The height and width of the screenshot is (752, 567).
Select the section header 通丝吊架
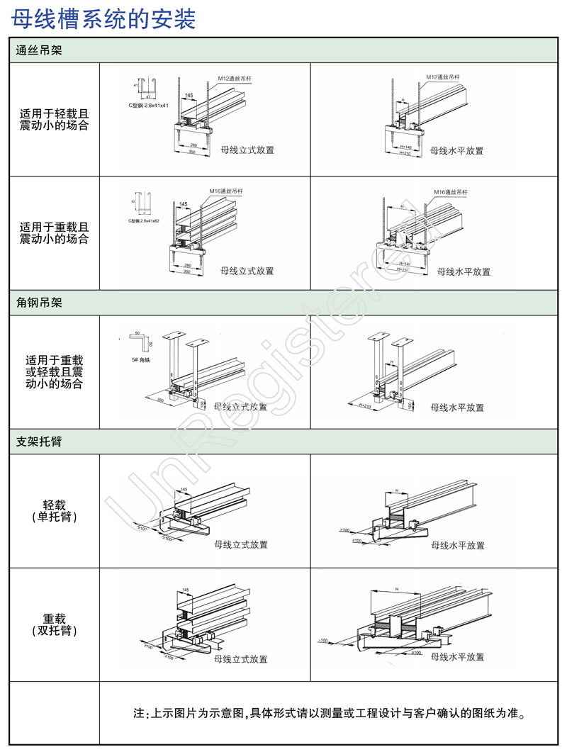tap(39, 51)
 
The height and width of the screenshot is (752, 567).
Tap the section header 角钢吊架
tap(39, 303)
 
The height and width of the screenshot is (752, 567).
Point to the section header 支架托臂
tap(39, 442)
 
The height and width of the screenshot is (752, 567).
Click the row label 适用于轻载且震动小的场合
tap(54, 119)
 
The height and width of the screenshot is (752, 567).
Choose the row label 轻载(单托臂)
tap(55, 511)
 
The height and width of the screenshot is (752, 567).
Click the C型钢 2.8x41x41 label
tap(148, 106)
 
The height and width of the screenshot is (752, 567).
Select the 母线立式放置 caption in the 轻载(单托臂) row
tap(242, 545)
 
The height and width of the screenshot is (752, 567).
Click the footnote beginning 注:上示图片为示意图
tap(330, 712)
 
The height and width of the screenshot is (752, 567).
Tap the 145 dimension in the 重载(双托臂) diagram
tap(185, 590)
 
